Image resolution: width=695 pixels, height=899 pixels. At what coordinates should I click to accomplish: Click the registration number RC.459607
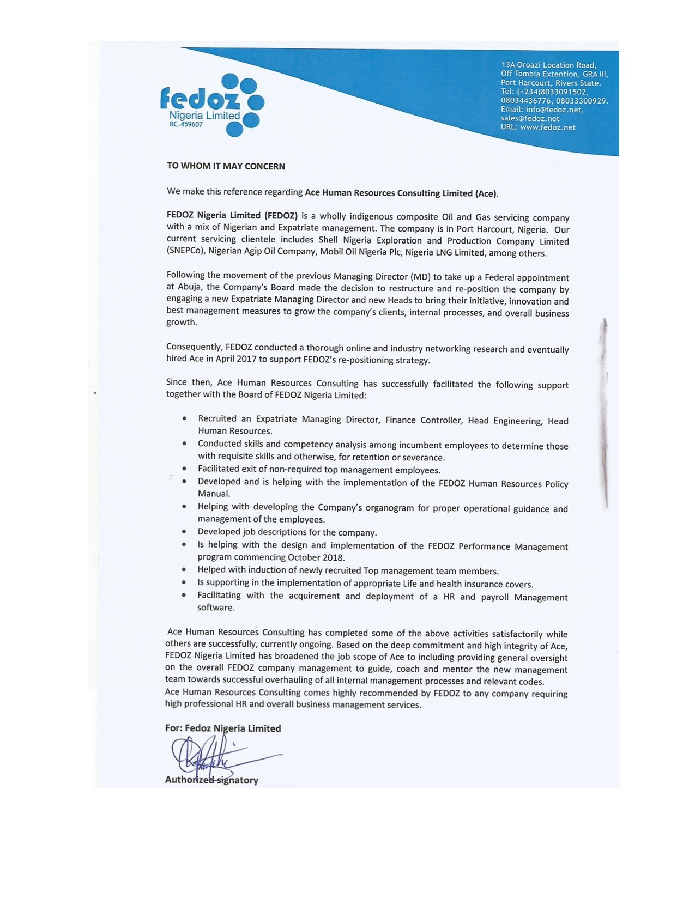click(x=187, y=124)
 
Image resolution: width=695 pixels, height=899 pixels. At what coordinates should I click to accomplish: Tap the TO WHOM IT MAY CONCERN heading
click(x=226, y=166)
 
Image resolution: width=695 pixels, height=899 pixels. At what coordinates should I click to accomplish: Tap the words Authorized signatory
click(x=211, y=780)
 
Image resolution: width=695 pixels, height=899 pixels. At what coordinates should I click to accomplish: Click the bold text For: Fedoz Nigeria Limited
click(x=223, y=728)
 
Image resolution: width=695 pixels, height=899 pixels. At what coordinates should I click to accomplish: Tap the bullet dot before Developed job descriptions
click(x=185, y=532)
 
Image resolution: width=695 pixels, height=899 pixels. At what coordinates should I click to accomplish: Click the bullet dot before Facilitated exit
click(x=185, y=469)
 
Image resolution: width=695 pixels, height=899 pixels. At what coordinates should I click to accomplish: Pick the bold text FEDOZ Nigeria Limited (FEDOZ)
click(x=232, y=215)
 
